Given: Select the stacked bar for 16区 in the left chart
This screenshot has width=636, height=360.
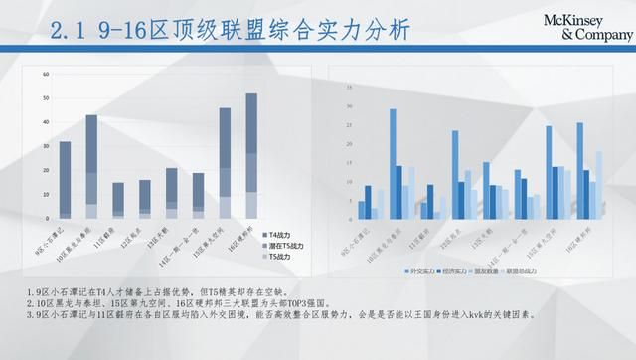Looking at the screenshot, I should (x=251, y=155).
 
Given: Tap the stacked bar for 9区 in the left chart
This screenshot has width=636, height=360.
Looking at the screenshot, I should (x=66, y=179).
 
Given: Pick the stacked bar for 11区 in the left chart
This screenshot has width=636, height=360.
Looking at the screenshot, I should (x=118, y=200).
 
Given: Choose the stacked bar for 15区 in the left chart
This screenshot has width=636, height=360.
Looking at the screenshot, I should (x=225, y=162).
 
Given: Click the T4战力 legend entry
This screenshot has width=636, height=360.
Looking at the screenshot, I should (x=280, y=231).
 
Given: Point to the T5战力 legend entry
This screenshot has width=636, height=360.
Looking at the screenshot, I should (x=280, y=257).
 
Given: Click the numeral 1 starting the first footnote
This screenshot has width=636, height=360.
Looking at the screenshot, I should (x=31, y=291).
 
